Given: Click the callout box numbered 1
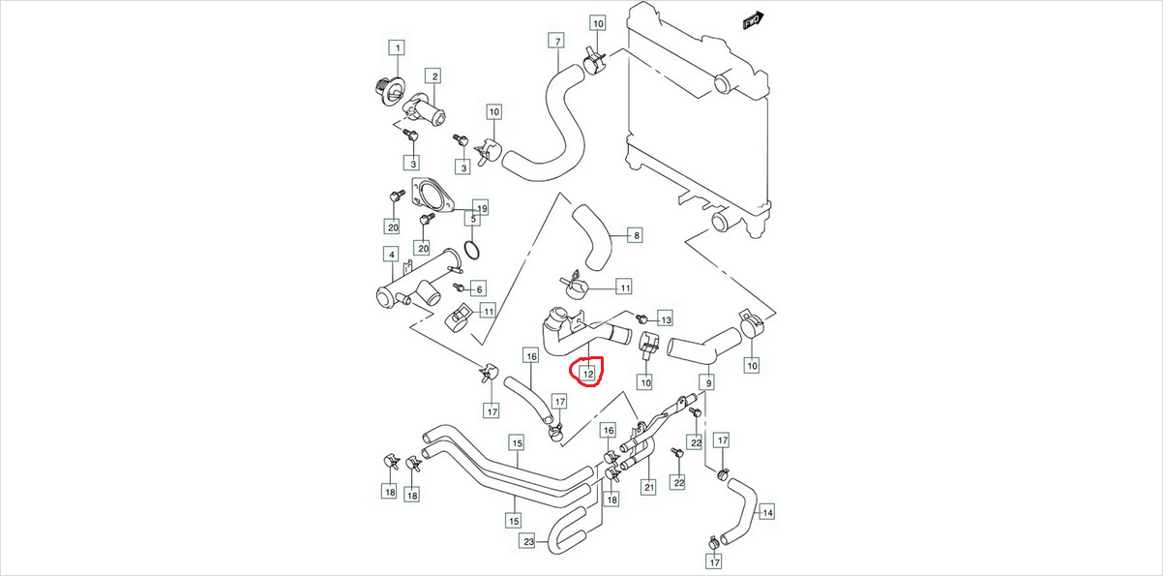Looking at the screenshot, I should pyautogui.click(x=397, y=47).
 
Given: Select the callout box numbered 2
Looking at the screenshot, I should pyautogui.click(x=434, y=76).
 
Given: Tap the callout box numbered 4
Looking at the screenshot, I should pyautogui.click(x=391, y=255).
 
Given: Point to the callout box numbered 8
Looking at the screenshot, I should pyautogui.click(x=636, y=235).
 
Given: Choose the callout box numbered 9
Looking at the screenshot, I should pyautogui.click(x=710, y=382).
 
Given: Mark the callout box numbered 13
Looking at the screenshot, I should pyautogui.click(x=665, y=318).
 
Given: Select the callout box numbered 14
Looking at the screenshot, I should pyautogui.click(x=767, y=512).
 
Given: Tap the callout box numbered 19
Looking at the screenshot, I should pyautogui.click(x=481, y=208).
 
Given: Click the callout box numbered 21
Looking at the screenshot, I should pyautogui.click(x=649, y=486).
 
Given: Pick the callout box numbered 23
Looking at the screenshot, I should pyautogui.click(x=528, y=541).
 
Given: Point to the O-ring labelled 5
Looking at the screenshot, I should pyautogui.click(x=469, y=253).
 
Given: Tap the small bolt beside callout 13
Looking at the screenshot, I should pyautogui.click(x=641, y=318).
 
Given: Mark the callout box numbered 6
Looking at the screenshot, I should pyautogui.click(x=479, y=288).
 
